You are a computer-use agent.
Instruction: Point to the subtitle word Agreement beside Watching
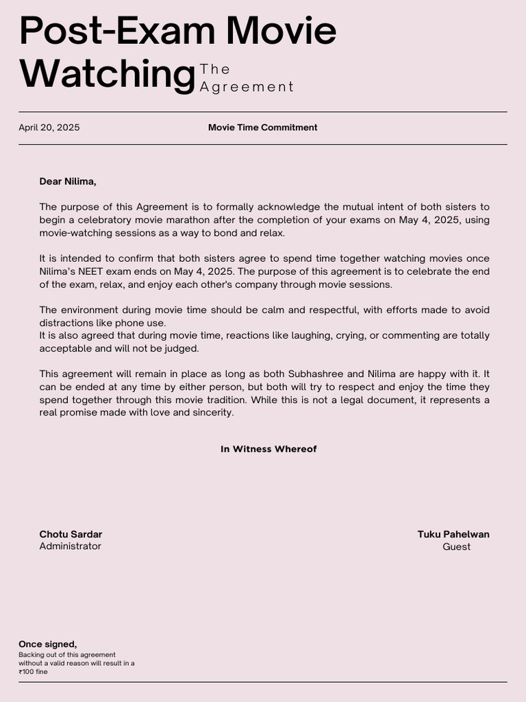pos(247,87)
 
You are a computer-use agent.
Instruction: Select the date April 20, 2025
pos(49,128)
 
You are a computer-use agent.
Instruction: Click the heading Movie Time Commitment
pos(262,128)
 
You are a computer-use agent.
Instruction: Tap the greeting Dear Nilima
pos(68,182)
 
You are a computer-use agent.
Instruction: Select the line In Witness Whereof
pos(268,450)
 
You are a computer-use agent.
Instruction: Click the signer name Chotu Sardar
pos(71,535)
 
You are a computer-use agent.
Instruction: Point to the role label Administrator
pos(70,546)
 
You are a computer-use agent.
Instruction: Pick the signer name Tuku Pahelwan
pos(453,535)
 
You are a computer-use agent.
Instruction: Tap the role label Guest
pos(456,547)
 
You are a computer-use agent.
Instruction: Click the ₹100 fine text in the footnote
pos(33,672)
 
